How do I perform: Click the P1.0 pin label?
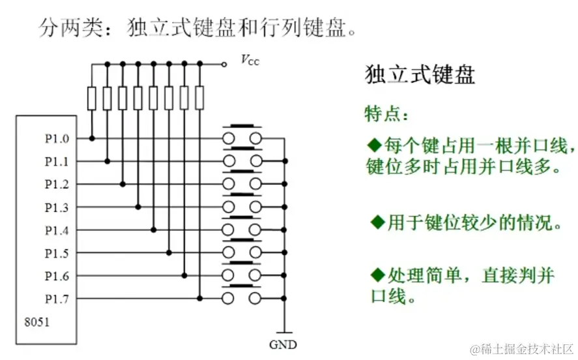click(x=56, y=138)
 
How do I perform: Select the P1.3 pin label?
click(x=56, y=207)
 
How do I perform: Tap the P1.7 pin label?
click(x=56, y=299)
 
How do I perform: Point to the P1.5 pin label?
click(x=56, y=253)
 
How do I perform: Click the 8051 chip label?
click(x=36, y=322)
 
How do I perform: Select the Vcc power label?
click(x=249, y=61)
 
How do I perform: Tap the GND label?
click(x=283, y=344)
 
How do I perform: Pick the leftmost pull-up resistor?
click(x=91, y=98)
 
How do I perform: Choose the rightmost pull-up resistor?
click(x=199, y=98)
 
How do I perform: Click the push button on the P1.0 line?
click(x=242, y=137)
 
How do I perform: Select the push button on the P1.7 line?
click(x=242, y=298)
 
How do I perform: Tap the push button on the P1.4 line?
click(x=242, y=229)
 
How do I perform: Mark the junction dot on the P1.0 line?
click(x=92, y=138)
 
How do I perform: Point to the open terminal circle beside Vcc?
click(x=224, y=64)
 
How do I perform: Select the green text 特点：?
click(x=387, y=115)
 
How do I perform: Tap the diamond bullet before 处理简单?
click(x=377, y=273)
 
